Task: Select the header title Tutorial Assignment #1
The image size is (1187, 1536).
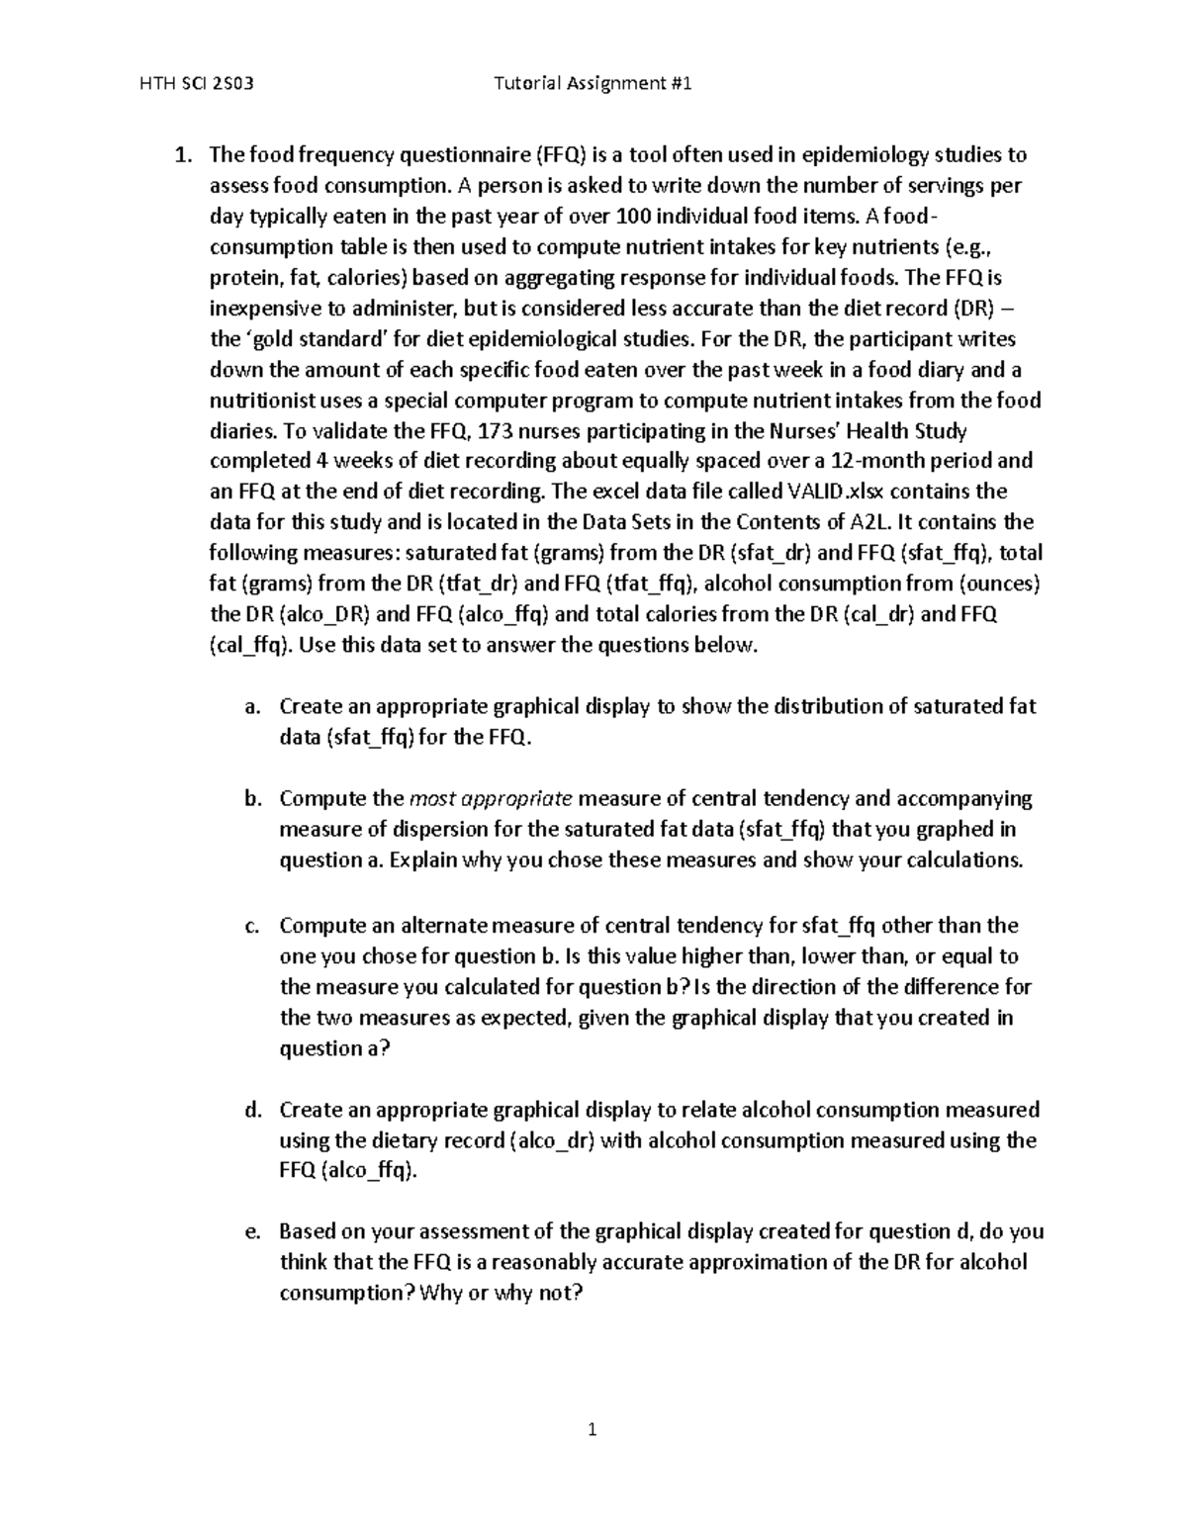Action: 593,84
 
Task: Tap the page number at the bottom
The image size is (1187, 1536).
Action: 593,1429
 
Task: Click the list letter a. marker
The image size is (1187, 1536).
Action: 251,706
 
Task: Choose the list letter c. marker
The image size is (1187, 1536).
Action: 251,926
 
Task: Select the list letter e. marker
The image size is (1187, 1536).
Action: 251,1231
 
